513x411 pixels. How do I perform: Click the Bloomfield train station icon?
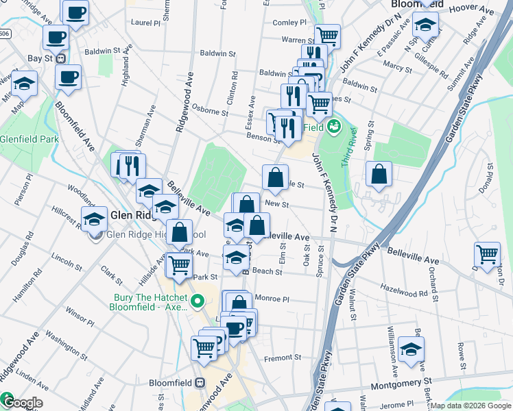(x=201, y=383)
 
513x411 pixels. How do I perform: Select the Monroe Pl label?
(x=272, y=299)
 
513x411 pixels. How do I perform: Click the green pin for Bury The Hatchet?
(x=198, y=301)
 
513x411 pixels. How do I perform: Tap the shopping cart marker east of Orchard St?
(x=487, y=253)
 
